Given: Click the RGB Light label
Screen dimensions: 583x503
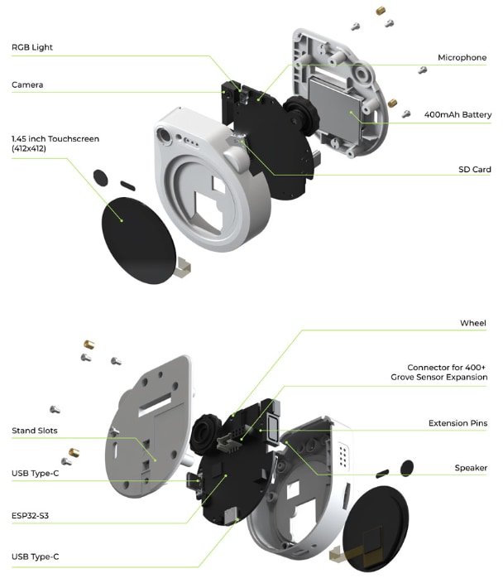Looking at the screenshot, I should (32, 48).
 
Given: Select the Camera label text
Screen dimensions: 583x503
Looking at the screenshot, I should (27, 85).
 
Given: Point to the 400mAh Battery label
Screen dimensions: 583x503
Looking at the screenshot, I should (457, 114).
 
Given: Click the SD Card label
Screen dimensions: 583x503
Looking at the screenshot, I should (475, 170).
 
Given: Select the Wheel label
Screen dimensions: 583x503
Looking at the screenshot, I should (473, 323).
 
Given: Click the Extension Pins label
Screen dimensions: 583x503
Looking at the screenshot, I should (457, 423).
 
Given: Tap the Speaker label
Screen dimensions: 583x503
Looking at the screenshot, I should (471, 468).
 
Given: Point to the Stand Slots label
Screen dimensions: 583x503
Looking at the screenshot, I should (35, 431).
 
